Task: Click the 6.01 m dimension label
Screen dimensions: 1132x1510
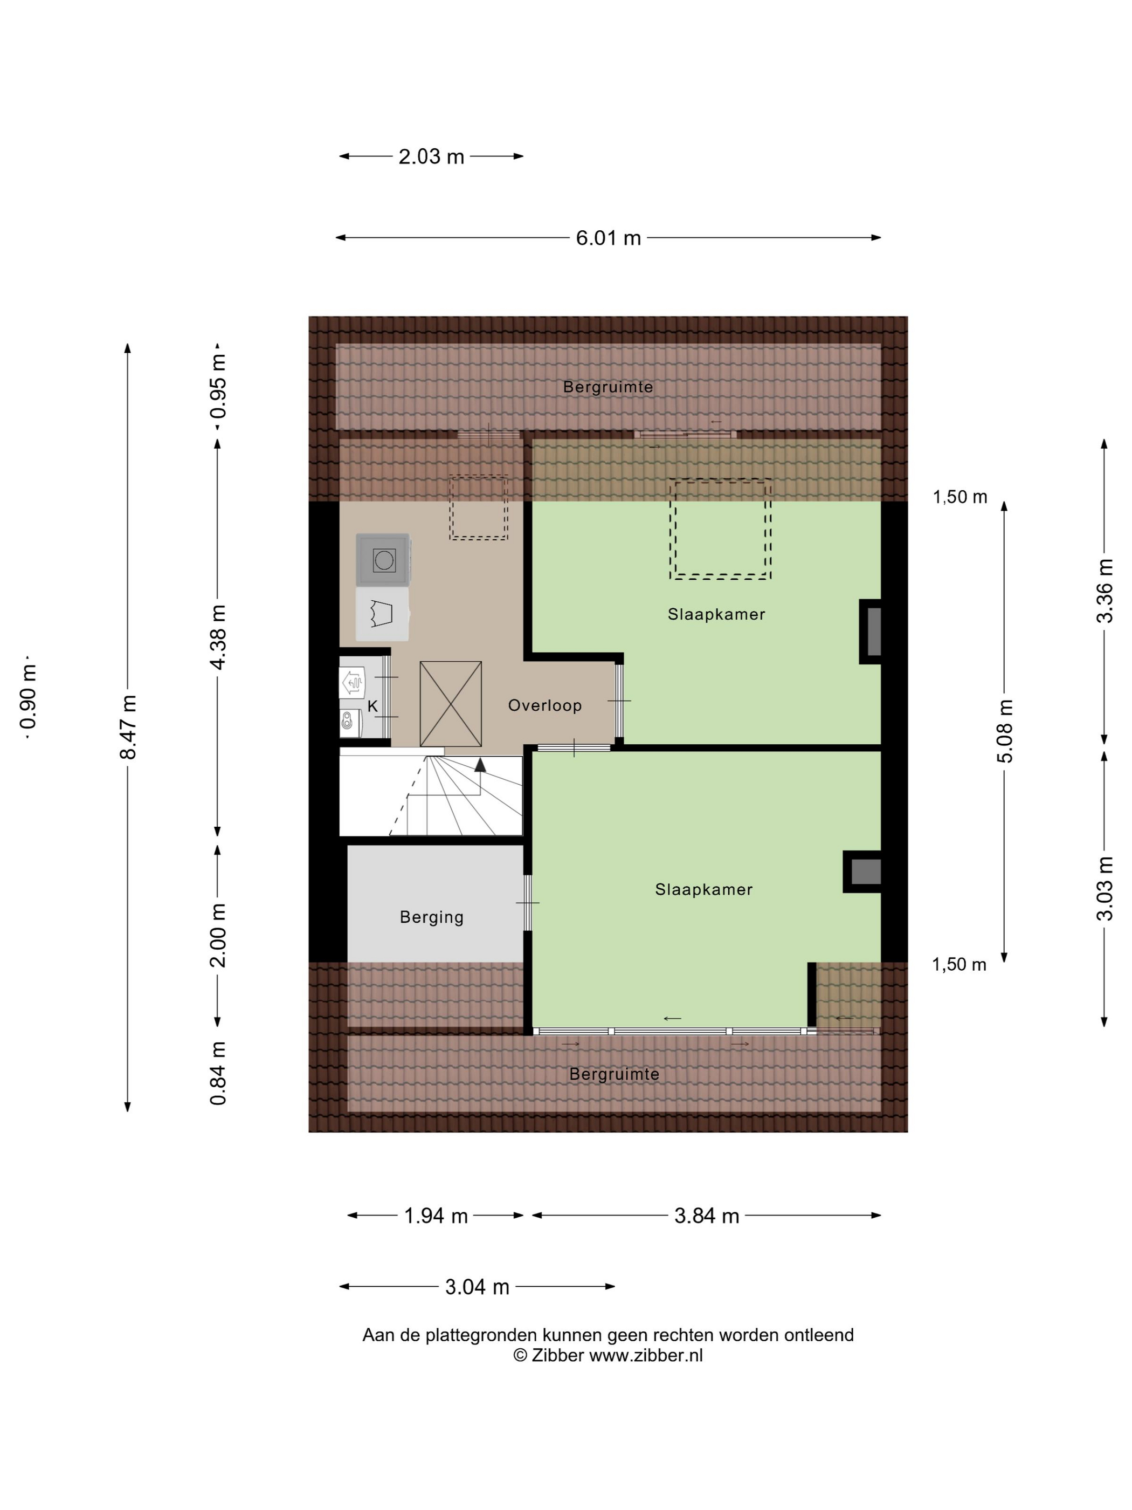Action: click(608, 238)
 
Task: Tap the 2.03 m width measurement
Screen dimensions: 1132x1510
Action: click(431, 156)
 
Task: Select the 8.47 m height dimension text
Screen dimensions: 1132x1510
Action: click(128, 727)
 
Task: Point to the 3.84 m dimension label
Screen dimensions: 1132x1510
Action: click(706, 1216)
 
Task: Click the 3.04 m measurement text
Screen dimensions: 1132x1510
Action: click(477, 1287)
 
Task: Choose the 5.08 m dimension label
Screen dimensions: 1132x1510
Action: click(1006, 731)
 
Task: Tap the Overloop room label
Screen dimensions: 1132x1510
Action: click(544, 705)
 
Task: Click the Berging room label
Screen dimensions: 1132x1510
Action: click(431, 917)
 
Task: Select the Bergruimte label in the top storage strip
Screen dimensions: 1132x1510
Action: click(608, 387)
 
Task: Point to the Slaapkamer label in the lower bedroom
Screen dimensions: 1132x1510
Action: click(703, 889)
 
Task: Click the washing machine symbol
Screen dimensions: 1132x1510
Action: click(383, 560)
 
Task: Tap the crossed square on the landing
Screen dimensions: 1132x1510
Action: click(450, 704)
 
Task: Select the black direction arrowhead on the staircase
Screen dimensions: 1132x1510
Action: click(480, 765)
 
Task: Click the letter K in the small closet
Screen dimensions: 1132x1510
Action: click(372, 706)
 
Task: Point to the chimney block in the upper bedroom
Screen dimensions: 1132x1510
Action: click(870, 632)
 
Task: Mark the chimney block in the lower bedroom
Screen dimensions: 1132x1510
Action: click(862, 871)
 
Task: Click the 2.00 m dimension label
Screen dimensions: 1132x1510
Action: click(218, 935)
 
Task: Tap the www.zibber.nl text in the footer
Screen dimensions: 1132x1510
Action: click(645, 1356)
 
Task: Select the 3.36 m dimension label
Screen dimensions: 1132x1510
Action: click(1105, 591)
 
